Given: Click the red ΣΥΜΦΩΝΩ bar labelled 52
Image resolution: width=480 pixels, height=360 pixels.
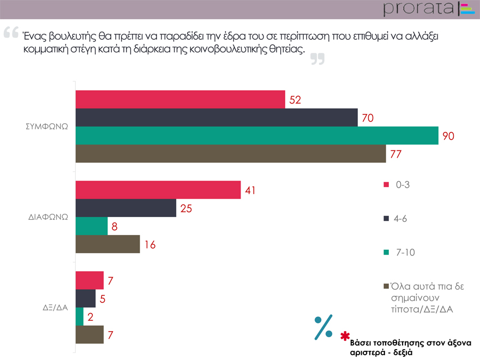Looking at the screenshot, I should [x=180, y=99].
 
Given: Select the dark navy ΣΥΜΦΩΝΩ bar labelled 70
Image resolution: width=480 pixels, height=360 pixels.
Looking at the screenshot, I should [x=216, y=117].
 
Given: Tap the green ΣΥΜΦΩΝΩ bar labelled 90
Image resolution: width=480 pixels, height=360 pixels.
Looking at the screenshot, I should [x=256, y=136].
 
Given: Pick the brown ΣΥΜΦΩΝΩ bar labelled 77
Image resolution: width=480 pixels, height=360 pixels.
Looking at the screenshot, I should [x=230, y=154].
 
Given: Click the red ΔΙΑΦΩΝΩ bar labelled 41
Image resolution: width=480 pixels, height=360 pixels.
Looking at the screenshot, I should [x=158, y=190].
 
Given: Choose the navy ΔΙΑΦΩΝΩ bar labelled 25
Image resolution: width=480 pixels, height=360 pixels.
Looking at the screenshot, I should [x=125, y=208].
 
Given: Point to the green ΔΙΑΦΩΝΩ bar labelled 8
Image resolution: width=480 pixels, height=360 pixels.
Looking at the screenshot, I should [x=91, y=226].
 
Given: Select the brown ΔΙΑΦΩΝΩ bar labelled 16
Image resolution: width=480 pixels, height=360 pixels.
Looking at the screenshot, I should [x=107, y=244].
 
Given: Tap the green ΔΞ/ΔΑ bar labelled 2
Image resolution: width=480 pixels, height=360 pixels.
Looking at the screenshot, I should [x=79, y=316].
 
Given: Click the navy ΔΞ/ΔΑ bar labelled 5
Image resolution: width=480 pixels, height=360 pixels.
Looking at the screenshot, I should [x=85, y=298].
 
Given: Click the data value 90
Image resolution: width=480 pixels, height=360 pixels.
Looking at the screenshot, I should [x=448, y=136].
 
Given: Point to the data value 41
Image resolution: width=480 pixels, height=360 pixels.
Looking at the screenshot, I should [x=250, y=190].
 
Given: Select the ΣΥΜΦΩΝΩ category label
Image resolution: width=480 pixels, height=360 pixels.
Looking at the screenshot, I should [x=47, y=126].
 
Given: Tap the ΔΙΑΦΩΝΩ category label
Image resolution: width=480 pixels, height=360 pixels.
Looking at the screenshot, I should [x=48, y=217].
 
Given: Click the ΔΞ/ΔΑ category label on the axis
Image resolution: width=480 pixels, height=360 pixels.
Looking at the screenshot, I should [x=55, y=307].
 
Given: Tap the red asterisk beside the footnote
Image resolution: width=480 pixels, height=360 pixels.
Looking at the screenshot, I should [x=345, y=335].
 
